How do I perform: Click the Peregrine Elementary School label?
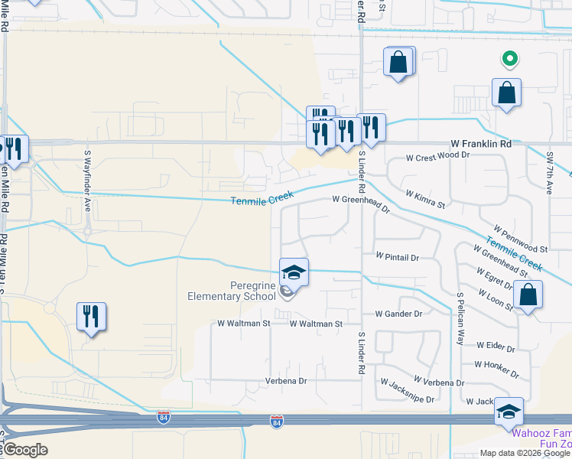(232, 291)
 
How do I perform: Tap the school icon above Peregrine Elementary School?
(294, 272)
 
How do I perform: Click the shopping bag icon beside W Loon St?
(528, 295)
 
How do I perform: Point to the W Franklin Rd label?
(481, 143)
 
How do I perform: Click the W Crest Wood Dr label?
(437, 155)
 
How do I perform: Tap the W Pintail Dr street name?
(397, 259)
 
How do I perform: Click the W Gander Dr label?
(398, 314)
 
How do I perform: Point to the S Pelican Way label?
(460, 317)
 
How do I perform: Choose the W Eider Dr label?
(495, 347)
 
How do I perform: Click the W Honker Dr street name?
(496, 369)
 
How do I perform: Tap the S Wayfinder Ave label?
(88, 181)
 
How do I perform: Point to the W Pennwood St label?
(521, 239)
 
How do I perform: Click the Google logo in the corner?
(25, 450)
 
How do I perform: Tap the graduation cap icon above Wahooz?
(509, 411)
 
